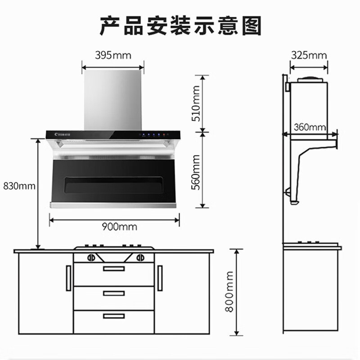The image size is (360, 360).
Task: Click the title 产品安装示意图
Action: click(x=180, y=26)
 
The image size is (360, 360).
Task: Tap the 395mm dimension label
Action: click(x=113, y=55)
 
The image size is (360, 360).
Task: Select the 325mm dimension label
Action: click(x=309, y=55)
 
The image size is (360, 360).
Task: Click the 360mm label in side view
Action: click(x=310, y=127)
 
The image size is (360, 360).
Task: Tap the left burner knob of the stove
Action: click(x=91, y=258)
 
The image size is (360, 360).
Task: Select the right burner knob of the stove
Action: click(x=139, y=258)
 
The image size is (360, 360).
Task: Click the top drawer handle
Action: click(x=114, y=269)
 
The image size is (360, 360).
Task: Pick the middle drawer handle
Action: click(x=114, y=293)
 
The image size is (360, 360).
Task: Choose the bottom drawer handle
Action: click(x=114, y=316)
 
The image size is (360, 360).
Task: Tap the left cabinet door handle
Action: click(x=68, y=278)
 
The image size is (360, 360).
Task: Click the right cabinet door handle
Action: click(x=160, y=278)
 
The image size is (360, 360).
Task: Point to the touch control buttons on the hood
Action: click(x=154, y=134)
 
